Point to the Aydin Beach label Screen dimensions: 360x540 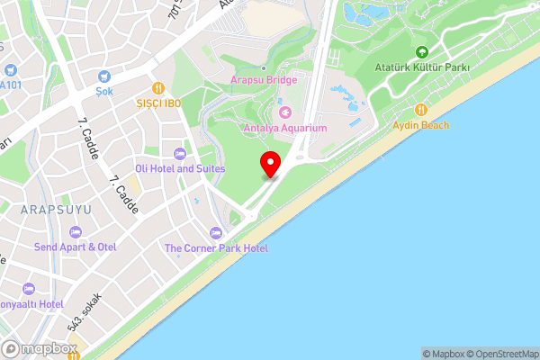coord(420,124)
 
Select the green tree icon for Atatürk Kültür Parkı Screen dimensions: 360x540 coord(423,52)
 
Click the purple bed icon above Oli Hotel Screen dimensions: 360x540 coord(180,154)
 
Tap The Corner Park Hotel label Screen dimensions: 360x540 coord(216,247)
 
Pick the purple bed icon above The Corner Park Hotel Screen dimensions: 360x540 coord(214,233)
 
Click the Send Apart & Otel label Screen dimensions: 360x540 coord(76,247)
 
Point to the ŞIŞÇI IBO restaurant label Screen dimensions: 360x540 coord(158,103)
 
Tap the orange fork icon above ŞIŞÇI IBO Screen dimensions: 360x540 coord(158,87)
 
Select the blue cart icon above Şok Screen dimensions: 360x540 coord(104,76)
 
